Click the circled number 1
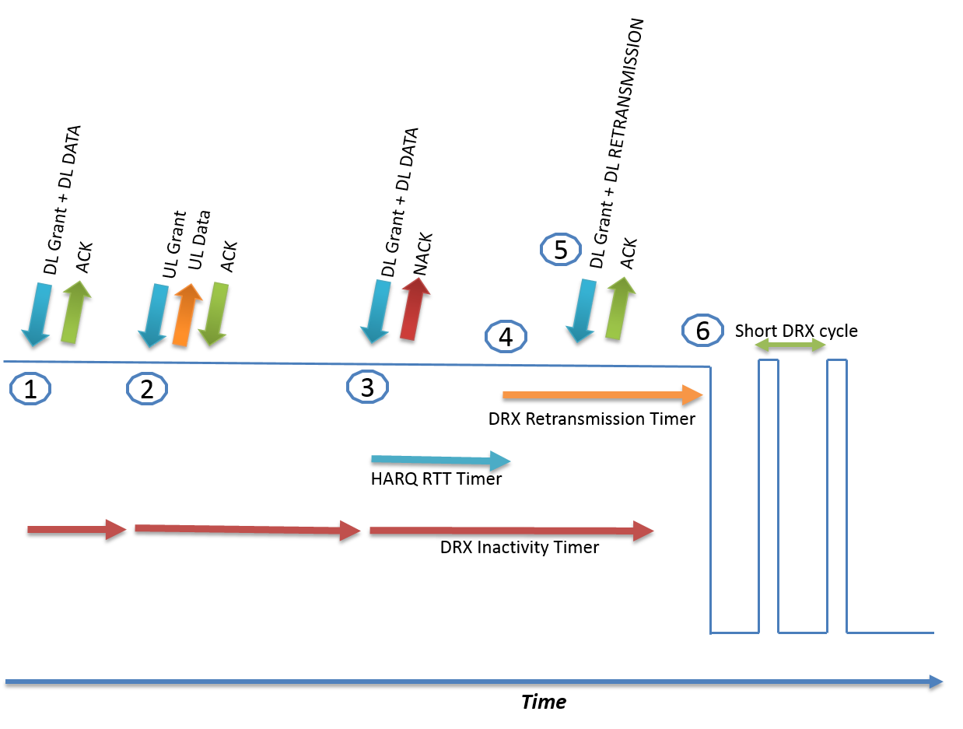point(30,388)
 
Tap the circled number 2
point(147,388)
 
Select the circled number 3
point(367,387)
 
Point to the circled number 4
point(506,337)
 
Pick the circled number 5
point(561,250)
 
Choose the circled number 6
point(702,331)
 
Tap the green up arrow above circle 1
point(75,312)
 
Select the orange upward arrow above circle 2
point(186,314)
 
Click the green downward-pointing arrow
point(214,314)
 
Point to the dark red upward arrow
point(415,309)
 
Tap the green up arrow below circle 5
point(620,308)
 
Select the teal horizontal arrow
point(440,461)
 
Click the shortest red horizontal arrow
point(76,529)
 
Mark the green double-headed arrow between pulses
point(790,344)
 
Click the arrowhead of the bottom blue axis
point(937,682)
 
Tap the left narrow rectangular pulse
point(769,496)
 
